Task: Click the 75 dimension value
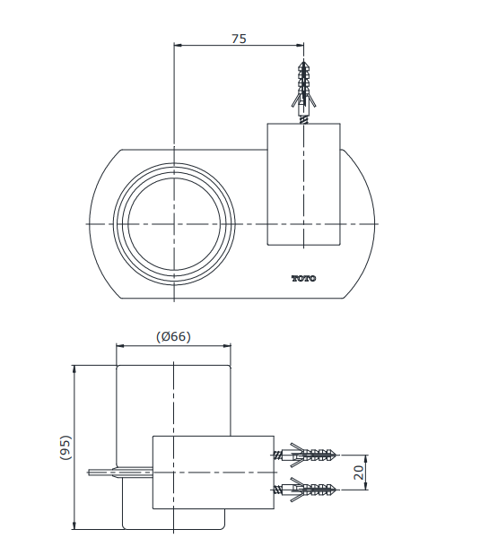click(239, 39)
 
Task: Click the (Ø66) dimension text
click(173, 336)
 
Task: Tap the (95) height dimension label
click(65, 447)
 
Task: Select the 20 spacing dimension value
click(358, 473)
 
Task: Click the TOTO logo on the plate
click(303, 278)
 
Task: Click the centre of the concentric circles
click(174, 224)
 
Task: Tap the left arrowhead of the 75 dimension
click(178, 45)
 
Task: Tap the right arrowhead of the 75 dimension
click(301, 45)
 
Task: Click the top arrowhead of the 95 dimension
click(74, 369)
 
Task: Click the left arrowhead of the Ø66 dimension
click(120, 346)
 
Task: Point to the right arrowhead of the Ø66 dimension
click(227, 346)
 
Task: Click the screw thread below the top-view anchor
click(303, 120)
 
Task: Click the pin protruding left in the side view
click(120, 473)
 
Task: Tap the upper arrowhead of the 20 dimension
click(366, 459)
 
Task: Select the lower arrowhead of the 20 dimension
click(366, 485)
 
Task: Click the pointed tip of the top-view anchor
click(303, 61)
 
